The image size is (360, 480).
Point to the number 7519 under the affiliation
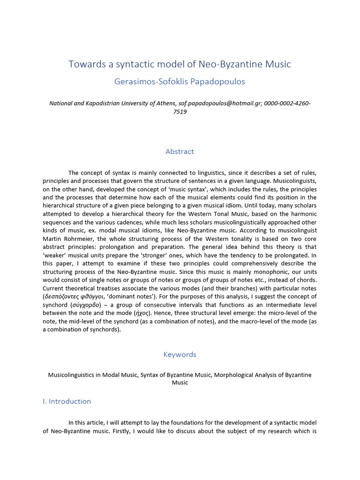(x=180, y=112)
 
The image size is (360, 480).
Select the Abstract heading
(x=180, y=151)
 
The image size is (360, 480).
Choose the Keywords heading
(x=180, y=354)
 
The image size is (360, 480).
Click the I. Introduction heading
(x=67, y=401)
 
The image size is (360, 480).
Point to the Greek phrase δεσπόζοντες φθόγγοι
(x=71, y=296)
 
